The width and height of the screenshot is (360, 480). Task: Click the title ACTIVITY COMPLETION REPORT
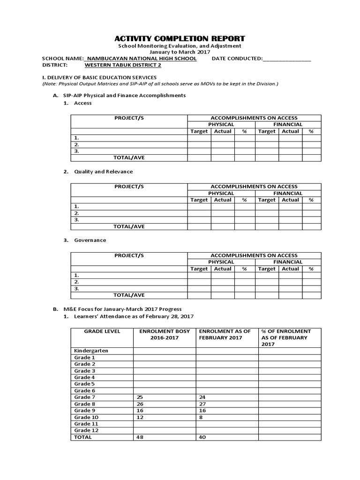point(180,38)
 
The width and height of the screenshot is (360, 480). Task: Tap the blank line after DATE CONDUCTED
point(287,59)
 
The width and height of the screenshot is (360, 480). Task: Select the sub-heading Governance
point(90,240)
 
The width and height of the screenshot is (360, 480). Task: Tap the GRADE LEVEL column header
point(102,331)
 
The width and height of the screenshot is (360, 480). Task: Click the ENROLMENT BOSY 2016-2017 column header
point(165,334)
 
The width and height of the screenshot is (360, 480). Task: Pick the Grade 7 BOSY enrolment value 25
point(140,397)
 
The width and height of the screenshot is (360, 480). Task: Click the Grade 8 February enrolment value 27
point(202,404)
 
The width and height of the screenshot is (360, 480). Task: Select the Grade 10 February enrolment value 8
point(201,417)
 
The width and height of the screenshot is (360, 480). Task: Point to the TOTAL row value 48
point(140,437)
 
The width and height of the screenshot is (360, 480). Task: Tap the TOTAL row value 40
point(202,437)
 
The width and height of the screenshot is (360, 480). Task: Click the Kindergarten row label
point(91,351)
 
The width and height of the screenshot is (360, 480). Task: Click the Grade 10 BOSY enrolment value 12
point(140,417)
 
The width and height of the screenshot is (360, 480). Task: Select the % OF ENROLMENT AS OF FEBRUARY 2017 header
point(286,337)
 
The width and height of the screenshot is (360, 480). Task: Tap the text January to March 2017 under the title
point(180,52)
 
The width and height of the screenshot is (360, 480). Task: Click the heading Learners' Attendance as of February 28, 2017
point(134,316)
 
